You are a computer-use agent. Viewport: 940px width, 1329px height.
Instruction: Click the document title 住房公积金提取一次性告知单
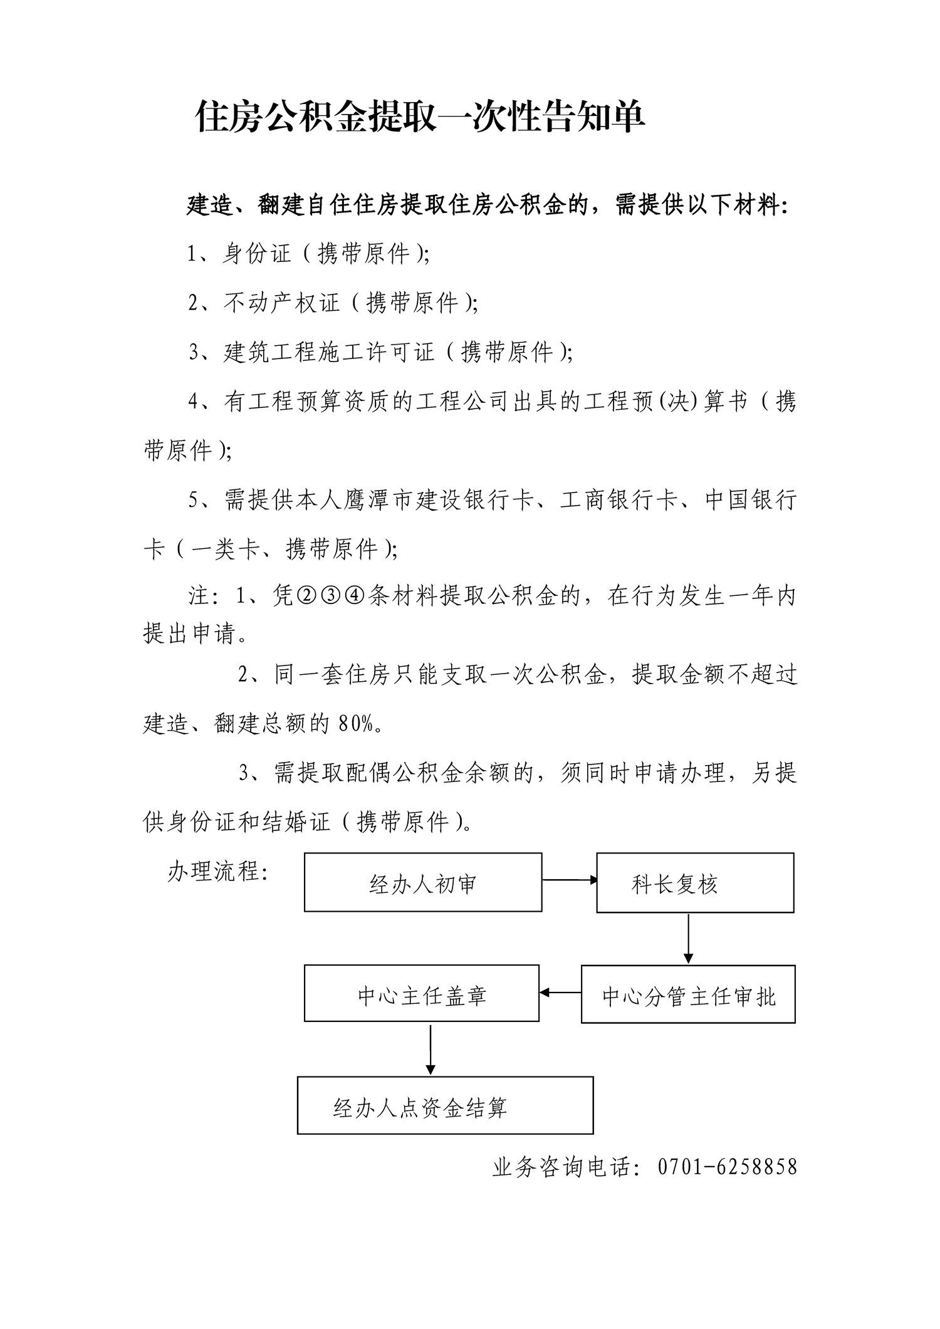tap(420, 117)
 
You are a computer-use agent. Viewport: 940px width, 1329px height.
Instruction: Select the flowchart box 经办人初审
tap(423, 882)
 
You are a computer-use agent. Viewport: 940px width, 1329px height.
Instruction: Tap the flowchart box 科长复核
tap(694, 882)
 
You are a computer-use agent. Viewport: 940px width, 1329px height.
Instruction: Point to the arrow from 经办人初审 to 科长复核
tap(569, 880)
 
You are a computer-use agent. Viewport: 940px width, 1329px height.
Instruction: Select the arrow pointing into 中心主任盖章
tap(560, 993)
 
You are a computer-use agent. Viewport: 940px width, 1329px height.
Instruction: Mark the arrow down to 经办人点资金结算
tap(430, 1049)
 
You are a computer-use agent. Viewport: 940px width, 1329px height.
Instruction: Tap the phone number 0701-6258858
tap(727, 1166)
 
